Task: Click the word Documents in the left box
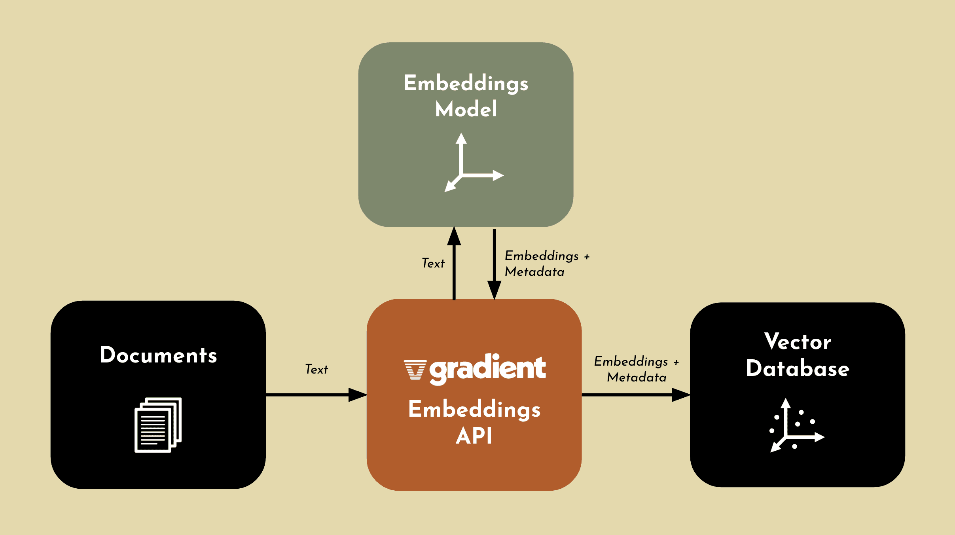click(x=158, y=355)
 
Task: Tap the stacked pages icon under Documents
click(x=158, y=425)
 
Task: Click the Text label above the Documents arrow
click(x=316, y=369)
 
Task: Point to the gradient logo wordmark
click(x=487, y=368)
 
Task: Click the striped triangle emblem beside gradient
click(x=415, y=370)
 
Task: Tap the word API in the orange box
click(x=474, y=436)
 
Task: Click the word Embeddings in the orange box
click(x=474, y=409)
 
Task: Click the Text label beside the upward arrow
click(x=433, y=263)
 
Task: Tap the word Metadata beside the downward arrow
click(x=534, y=272)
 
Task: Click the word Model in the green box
click(x=466, y=109)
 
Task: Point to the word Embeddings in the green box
click(x=466, y=83)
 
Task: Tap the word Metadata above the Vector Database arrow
click(x=637, y=378)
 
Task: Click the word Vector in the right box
click(x=798, y=342)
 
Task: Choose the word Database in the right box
click(x=798, y=369)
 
